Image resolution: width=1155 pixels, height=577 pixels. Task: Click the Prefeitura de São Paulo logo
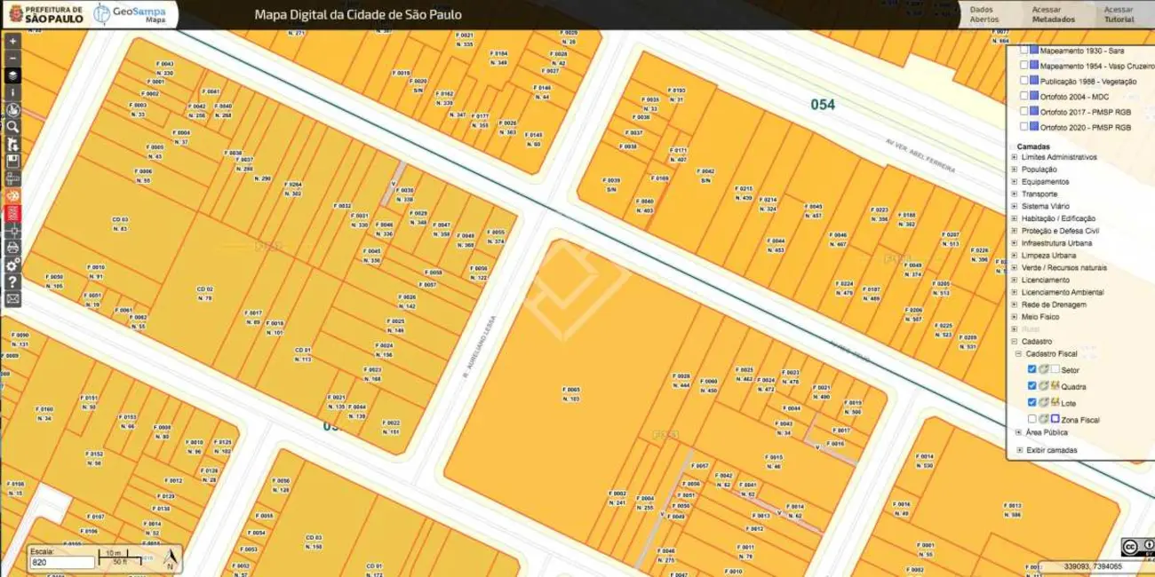(x=44, y=13)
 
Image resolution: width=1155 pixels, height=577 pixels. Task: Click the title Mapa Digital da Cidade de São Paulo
(x=358, y=15)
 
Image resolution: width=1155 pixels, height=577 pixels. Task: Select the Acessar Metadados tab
(x=1053, y=14)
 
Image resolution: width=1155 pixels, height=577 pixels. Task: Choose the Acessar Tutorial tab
(x=1119, y=14)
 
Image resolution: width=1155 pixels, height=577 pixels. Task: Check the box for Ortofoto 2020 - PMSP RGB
(x=1024, y=127)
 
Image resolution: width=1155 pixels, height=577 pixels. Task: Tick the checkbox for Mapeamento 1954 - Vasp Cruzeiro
(x=1024, y=66)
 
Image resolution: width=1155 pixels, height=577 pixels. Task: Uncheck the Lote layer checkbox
(x=1032, y=402)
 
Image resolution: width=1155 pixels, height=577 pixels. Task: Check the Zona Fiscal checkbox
(x=1032, y=418)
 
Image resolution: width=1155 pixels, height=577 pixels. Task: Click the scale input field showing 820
(x=62, y=563)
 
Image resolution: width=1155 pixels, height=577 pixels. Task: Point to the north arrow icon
(x=170, y=557)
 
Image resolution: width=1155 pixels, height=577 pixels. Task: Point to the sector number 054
(x=823, y=105)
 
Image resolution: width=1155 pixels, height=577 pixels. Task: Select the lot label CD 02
(x=205, y=289)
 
